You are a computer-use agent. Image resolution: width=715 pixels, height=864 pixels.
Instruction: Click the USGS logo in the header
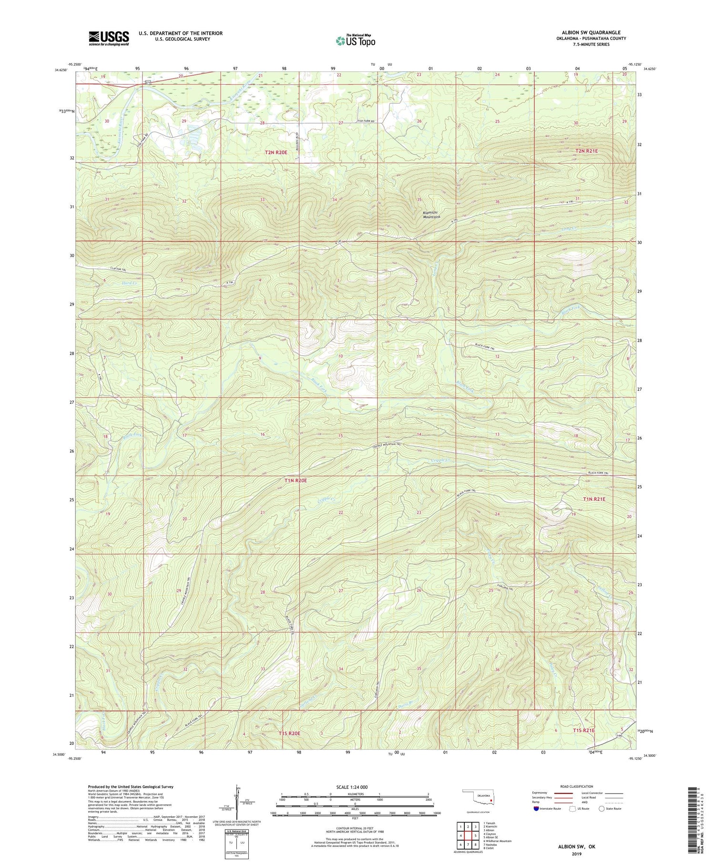point(109,38)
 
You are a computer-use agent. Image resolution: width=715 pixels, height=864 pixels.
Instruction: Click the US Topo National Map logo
point(356,41)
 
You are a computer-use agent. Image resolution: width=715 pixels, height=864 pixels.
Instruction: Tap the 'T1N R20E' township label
point(295,481)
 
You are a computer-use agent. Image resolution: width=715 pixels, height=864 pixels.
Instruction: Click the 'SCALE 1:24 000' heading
point(350,787)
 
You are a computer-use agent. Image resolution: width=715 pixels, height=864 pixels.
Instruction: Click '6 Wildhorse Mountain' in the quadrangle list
point(498,841)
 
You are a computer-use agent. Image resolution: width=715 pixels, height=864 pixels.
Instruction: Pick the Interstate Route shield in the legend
point(537,809)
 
